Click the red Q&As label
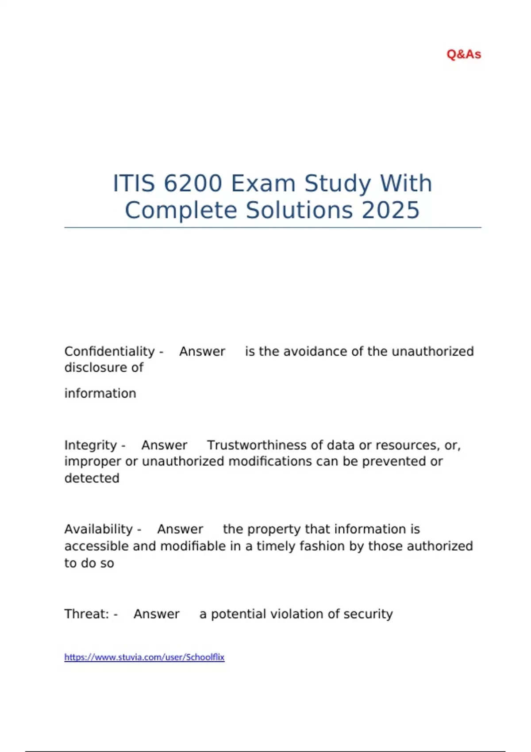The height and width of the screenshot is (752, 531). click(x=464, y=54)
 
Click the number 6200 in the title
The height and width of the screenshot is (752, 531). click(x=192, y=183)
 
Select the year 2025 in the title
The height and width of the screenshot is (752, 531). click(x=390, y=210)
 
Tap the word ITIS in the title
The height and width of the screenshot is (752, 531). click(x=134, y=183)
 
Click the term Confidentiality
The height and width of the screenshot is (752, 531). click(x=109, y=351)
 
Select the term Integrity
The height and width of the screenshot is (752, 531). click(x=90, y=445)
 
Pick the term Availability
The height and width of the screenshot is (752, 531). click(x=98, y=529)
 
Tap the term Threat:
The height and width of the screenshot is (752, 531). click(x=86, y=614)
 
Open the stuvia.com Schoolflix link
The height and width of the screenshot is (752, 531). click(x=144, y=657)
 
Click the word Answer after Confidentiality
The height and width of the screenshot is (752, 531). click(x=202, y=351)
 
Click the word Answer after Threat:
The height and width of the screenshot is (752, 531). click(x=157, y=614)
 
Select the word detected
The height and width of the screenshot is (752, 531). click(x=92, y=478)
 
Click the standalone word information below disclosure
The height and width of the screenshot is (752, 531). click(x=100, y=393)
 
